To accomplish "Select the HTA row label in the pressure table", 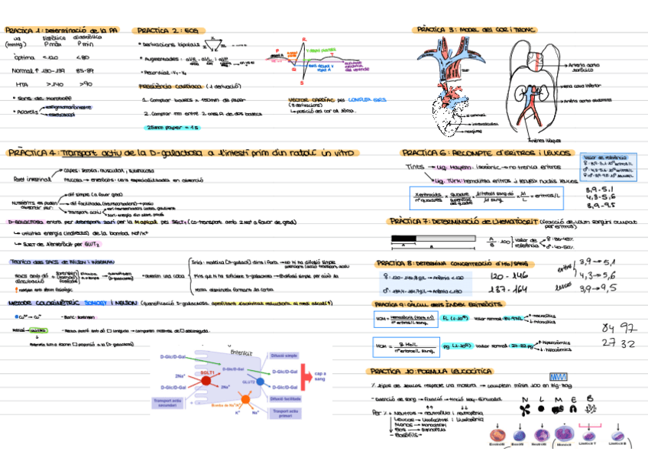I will point(21,84).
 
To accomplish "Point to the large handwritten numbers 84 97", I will point(619,328).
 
